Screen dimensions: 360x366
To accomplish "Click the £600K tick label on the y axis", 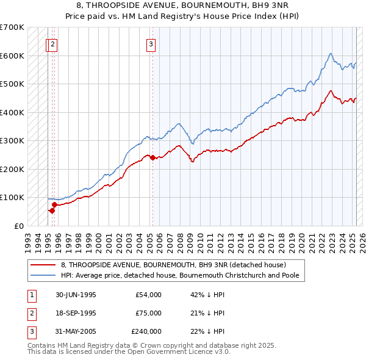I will tap(12, 56).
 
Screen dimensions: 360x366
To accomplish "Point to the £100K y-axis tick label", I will tap(12, 197).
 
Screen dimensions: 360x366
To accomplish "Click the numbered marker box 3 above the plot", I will tap(151, 43).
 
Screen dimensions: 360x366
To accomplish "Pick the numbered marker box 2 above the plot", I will tap(53, 43).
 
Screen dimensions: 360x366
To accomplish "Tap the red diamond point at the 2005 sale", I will tap(152, 157).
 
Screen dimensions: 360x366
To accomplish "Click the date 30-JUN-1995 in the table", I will tap(76, 295).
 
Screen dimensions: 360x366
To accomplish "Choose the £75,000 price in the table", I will tap(148, 313).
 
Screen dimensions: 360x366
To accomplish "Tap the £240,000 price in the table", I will tap(146, 331).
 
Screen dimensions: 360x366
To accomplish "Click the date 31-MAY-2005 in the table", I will tap(76, 331).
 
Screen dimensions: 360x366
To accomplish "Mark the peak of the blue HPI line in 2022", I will tap(330, 54).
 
